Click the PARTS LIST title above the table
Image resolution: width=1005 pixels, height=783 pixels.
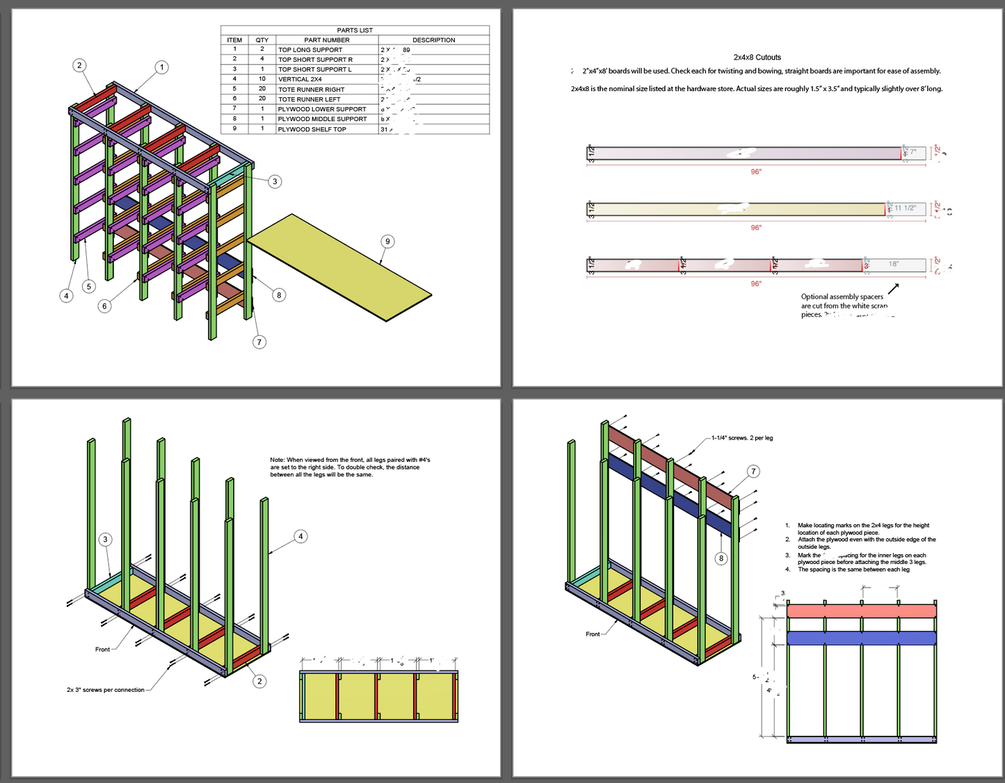355,30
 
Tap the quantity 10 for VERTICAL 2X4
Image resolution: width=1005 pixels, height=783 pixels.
262,79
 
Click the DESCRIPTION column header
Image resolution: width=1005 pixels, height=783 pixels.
433,40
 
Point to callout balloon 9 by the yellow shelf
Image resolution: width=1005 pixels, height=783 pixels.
387,241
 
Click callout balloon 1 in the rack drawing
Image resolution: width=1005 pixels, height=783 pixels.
161,67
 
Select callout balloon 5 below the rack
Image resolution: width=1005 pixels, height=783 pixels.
88,286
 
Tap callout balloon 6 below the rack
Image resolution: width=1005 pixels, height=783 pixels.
104,305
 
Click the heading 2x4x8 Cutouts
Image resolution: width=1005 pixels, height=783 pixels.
757,58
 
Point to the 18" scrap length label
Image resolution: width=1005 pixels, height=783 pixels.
894,264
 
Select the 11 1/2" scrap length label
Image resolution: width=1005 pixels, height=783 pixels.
905,208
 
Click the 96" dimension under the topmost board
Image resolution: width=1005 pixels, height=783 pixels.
755,172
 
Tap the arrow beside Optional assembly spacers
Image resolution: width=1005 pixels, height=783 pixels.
894,288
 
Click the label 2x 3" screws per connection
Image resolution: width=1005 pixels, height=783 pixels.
106,690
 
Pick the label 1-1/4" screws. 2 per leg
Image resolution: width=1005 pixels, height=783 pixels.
741,438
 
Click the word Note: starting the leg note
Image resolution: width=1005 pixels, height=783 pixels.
278,460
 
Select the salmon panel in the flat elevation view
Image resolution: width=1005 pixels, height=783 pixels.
861,611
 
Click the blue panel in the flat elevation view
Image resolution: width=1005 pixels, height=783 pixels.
861,638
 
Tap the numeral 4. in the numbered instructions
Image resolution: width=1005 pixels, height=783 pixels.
788,570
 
